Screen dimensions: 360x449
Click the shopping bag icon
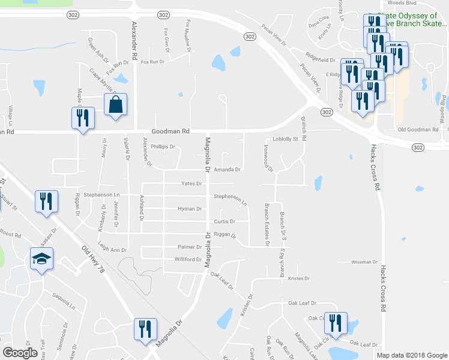point(115,105)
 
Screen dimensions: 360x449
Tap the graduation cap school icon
point(41,259)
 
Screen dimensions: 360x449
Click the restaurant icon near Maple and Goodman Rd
point(81,117)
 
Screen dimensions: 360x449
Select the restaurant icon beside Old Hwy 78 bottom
point(145,329)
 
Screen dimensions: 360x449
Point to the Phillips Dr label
point(163,146)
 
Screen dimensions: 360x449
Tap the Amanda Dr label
point(228,170)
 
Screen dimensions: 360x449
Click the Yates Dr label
point(191,184)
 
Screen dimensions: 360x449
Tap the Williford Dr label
point(188,259)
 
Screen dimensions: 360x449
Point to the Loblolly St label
point(285,139)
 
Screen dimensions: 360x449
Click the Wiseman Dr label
point(364,262)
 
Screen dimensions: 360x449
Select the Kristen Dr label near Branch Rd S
point(298,278)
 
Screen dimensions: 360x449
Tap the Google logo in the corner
point(20,353)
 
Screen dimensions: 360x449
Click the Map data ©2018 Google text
point(412,355)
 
